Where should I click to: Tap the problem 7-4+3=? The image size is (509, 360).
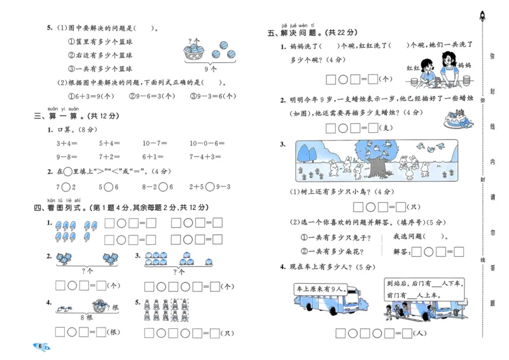(205, 156)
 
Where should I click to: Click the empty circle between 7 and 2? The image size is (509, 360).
(66, 187)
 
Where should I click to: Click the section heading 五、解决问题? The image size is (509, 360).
(312, 32)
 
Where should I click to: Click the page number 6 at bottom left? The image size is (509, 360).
(40, 346)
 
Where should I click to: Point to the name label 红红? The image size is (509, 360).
(414, 67)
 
